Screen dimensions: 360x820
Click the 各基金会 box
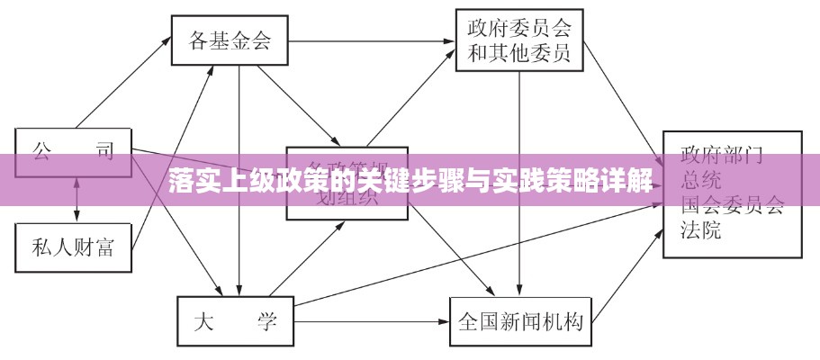230,40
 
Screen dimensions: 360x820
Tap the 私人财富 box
74,247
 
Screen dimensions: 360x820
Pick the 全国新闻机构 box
520,321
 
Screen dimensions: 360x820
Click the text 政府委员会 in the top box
519,26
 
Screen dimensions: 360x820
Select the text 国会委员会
732,205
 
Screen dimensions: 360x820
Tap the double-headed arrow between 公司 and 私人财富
77,195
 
